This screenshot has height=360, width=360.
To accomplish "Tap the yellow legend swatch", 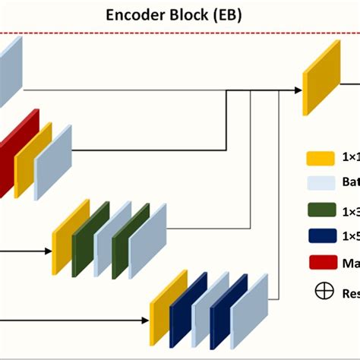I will [321, 159].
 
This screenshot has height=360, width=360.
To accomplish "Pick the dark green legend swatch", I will [321, 211].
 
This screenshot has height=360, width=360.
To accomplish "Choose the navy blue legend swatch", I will [321, 237].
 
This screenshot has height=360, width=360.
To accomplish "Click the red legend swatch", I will [321, 263].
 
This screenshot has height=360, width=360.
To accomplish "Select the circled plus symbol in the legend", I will [320, 289].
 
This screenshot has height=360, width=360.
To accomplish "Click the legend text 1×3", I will [349, 211].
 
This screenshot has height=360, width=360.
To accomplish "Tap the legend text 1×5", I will [349, 237].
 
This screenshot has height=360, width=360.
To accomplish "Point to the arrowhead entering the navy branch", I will [145, 319].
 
